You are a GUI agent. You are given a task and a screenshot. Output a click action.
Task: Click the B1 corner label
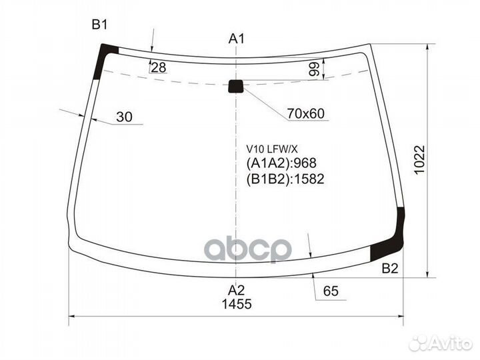pos(100,25)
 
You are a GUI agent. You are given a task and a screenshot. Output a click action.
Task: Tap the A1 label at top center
pos(237,39)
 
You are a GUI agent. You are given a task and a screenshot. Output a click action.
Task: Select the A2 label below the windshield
pos(236,289)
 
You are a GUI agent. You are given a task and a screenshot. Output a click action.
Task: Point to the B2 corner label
pos(390,268)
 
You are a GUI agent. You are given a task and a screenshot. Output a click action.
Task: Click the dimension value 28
pos(159,67)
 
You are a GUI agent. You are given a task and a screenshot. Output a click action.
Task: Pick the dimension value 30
pos(124,117)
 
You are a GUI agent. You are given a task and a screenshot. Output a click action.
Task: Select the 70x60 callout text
pos(305,113)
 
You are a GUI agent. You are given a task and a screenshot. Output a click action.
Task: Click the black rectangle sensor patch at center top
pos(236,86)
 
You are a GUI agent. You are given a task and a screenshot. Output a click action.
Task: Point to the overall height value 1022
pos(419,159)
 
